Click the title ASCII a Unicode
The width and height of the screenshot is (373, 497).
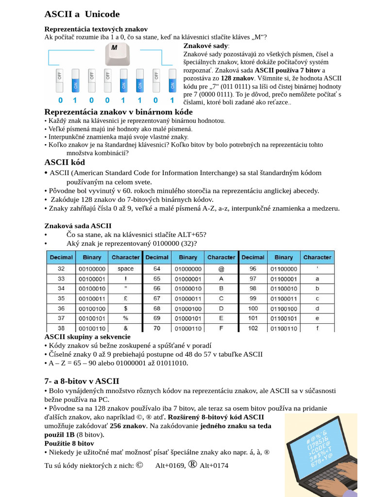tap(82, 14)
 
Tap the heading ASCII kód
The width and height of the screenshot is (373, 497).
tap(65, 162)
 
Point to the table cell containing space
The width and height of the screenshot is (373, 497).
tap(125, 268)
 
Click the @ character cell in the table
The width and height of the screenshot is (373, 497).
tap(221, 268)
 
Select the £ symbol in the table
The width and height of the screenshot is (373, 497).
tap(125, 298)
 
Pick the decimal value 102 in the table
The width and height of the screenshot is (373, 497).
tap(253, 328)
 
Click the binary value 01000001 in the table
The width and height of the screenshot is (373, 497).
tap(188, 279)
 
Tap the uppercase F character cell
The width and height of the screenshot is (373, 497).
tap(221, 328)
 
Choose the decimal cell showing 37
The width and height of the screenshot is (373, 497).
tap(61, 318)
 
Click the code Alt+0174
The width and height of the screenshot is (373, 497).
tap(214, 466)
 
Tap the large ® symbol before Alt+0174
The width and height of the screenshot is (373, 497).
tap(192, 464)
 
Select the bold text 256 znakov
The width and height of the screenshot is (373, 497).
tap(128, 426)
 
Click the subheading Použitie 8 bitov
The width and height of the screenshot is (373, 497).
tap(69, 443)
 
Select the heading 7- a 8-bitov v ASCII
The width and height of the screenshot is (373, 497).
tap(82, 381)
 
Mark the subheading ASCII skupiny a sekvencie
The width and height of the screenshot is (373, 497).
tap(87, 336)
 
